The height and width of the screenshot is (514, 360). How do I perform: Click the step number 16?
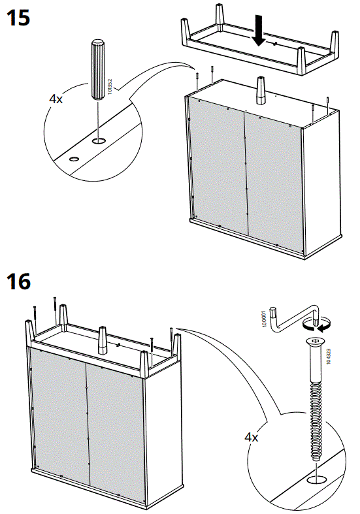[18, 282]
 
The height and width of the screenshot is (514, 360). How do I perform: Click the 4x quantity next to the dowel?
[56, 99]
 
